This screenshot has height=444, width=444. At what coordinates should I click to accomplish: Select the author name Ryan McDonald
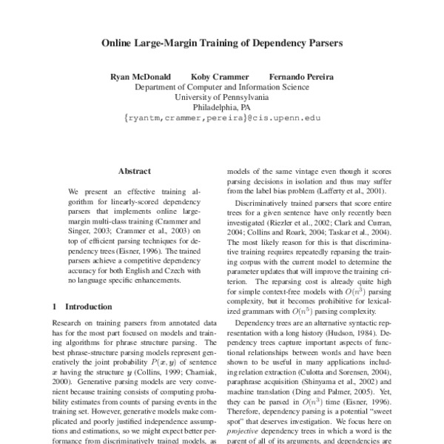coord(140,76)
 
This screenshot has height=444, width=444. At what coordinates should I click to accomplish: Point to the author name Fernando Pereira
coord(302,76)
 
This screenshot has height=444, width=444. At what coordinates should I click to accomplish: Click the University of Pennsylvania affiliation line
coord(221,96)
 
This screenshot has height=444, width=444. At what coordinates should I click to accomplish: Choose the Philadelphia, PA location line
coord(221,107)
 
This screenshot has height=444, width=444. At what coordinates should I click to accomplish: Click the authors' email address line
coord(222,117)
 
